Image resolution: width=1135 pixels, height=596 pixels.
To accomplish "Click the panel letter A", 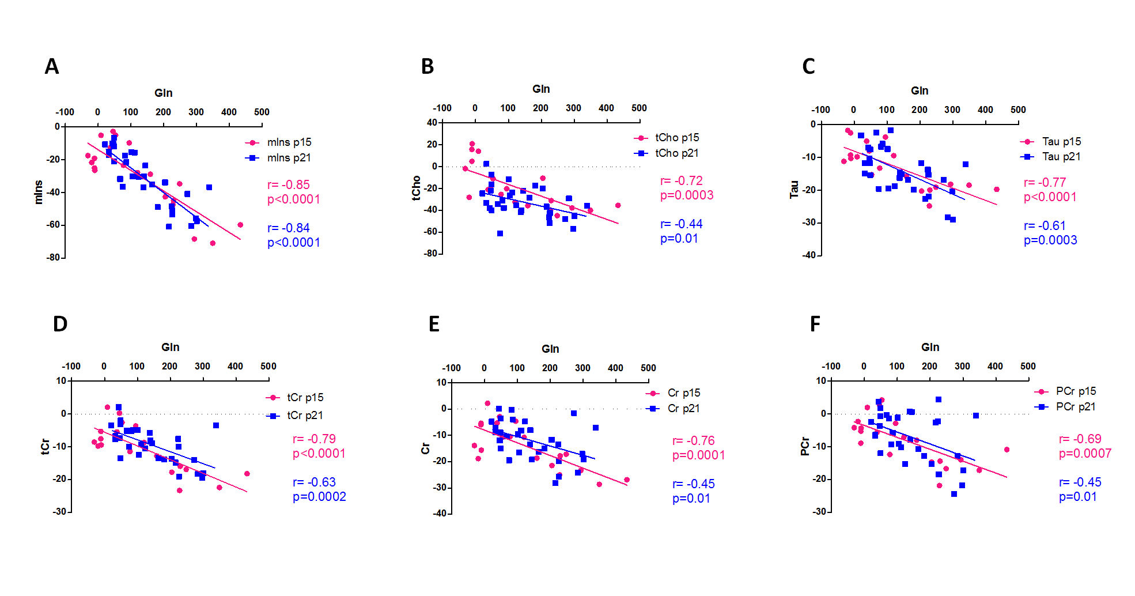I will (52, 67).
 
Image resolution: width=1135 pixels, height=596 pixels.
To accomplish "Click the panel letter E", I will (434, 325).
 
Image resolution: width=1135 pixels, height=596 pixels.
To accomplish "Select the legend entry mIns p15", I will (289, 142).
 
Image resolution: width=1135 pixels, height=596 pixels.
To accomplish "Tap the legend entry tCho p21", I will (676, 153).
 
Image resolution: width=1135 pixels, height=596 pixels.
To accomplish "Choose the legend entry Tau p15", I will (1061, 142).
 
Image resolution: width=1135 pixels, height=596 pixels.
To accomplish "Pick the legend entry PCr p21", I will (1075, 407).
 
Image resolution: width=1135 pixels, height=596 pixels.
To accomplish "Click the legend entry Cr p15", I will (683, 393).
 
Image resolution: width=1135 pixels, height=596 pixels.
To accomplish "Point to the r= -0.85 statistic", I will (289, 185).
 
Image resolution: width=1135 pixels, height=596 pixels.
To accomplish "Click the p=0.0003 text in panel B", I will (687, 195).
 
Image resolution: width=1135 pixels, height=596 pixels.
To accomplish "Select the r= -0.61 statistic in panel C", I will (1045, 226).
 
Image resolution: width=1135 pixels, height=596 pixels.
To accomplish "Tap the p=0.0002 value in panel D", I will (319, 497).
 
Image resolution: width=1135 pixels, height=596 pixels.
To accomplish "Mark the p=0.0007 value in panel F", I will (1085, 454).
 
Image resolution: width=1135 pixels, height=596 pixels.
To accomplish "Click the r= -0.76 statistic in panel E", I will (694, 441).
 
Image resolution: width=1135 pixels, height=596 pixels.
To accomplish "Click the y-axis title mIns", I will (39, 192).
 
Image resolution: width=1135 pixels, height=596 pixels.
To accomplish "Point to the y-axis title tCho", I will (416, 188).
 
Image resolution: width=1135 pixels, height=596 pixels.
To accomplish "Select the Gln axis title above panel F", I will (930, 347).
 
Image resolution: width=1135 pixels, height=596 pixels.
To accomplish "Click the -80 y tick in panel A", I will (53, 258).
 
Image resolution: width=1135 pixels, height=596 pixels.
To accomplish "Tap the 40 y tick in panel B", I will (432, 122).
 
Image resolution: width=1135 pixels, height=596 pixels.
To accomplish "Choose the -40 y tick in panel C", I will (809, 255).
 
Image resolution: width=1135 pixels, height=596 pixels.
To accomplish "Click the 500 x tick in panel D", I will (268, 367).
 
